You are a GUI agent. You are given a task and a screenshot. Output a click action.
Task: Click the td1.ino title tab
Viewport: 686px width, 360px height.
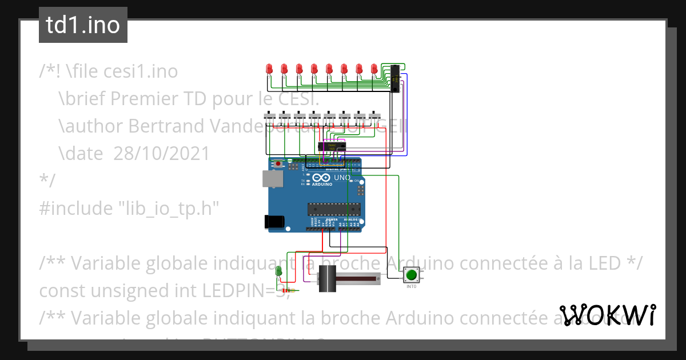pos(83,26)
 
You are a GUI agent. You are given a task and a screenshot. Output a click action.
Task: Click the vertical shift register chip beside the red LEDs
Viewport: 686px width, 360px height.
pos(394,79)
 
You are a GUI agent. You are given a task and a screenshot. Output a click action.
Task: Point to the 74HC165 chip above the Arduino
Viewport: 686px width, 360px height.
pos(332,146)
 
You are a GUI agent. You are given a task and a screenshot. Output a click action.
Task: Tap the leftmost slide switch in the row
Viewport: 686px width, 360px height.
pos(269,117)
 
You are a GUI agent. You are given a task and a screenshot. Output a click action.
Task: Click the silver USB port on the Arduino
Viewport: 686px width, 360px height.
pos(272,179)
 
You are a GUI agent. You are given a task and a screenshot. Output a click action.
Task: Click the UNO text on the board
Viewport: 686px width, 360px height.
pos(342,178)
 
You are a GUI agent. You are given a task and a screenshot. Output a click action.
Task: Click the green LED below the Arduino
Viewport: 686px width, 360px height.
pos(278,270)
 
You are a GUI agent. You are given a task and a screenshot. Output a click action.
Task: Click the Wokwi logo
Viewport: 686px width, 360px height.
pos(607,315)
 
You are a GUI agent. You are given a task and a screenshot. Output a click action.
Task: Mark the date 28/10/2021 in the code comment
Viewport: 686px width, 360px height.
pos(161,153)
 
